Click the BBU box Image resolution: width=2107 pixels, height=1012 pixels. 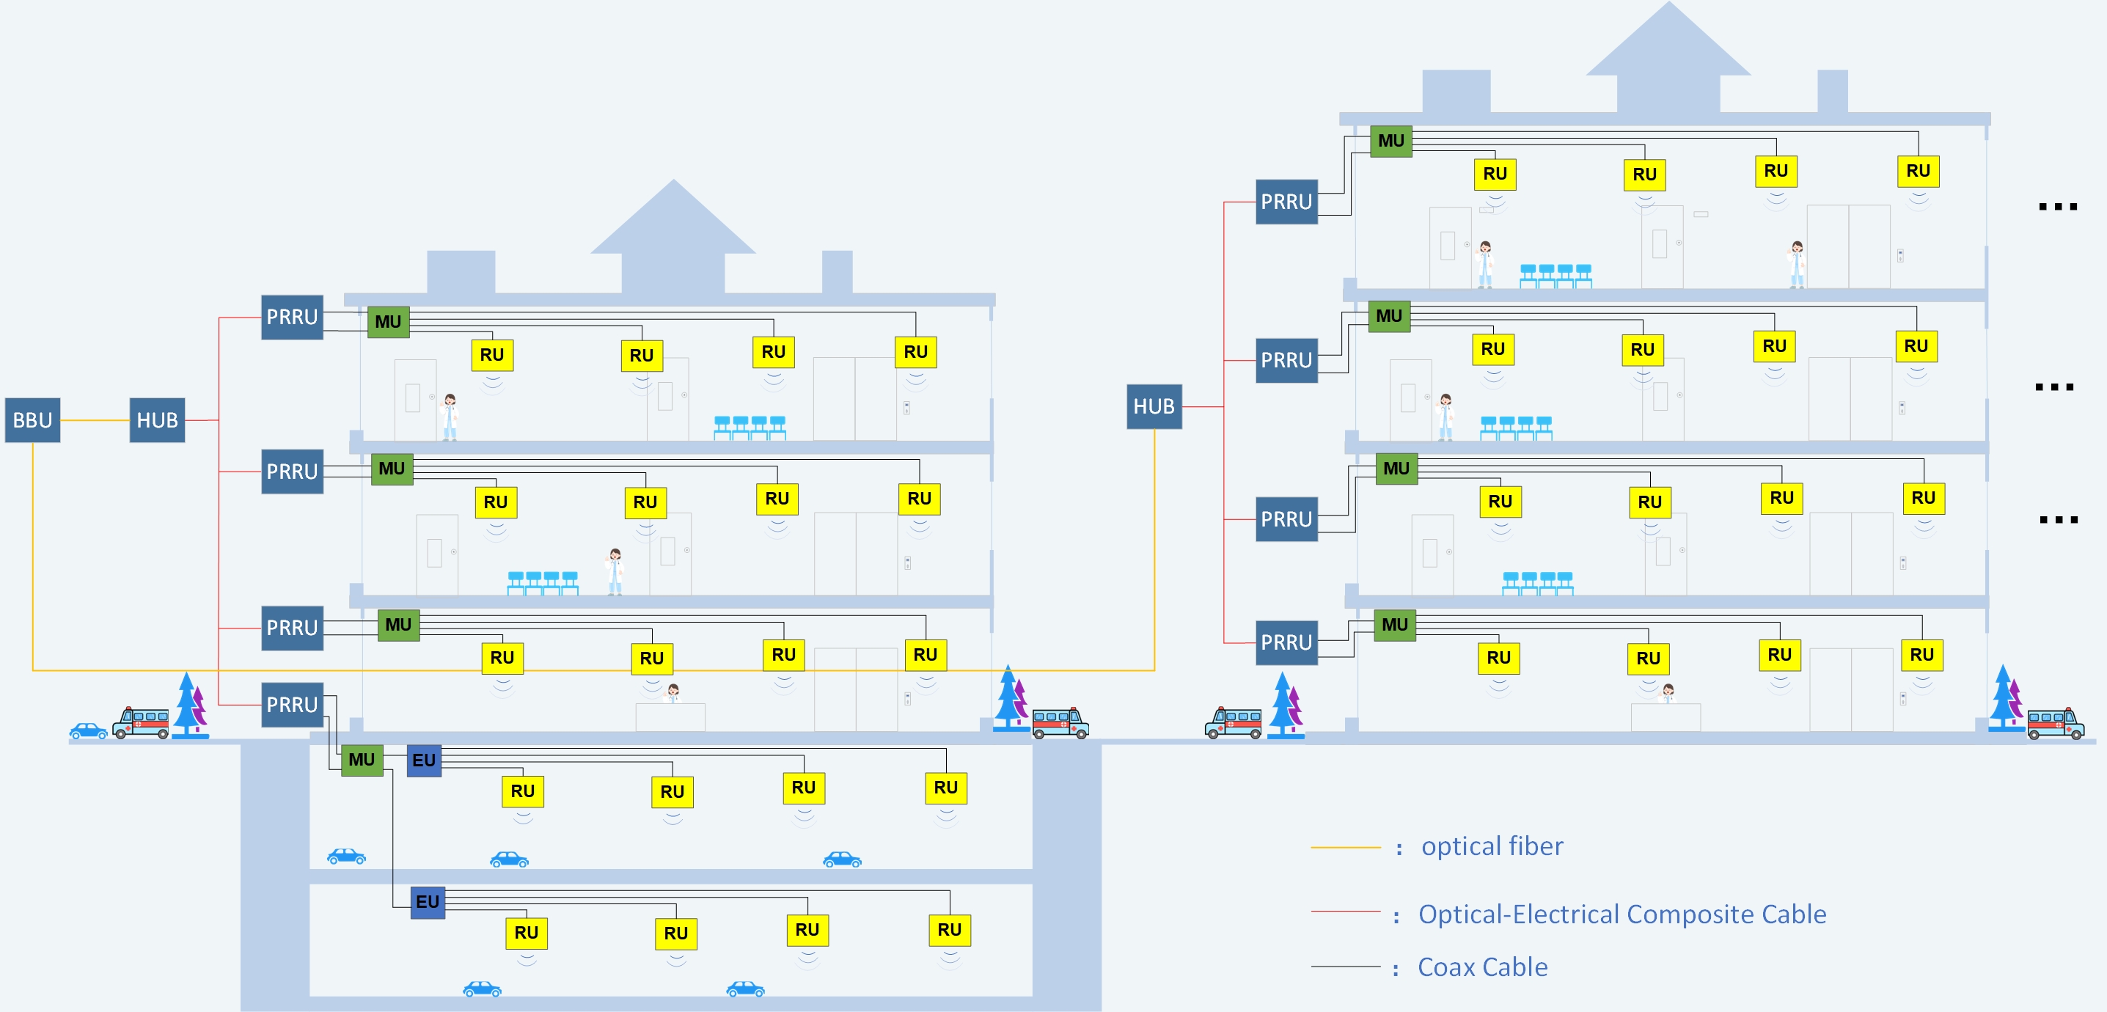(33, 419)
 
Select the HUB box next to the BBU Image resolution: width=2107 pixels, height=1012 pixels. (157, 419)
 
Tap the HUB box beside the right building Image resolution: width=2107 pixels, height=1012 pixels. (1154, 406)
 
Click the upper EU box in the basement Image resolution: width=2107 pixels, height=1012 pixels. (424, 760)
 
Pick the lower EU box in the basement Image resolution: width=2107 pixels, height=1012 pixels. (428, 901)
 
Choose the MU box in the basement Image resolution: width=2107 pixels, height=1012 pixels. (362, 759)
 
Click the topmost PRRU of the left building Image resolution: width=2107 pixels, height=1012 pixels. (292, 317)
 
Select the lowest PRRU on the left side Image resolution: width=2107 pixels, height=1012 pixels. (292, 705)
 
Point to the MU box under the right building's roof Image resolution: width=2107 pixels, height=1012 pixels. (1390, 140)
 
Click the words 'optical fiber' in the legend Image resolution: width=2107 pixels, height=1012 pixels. (1492, 846)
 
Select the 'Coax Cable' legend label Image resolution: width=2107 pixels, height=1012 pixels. (1482, 967)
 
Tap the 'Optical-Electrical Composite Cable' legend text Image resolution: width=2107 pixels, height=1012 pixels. (1622, 914)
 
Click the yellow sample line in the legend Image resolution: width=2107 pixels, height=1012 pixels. (1346, 848)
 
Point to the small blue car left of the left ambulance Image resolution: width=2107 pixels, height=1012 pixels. (88, 730)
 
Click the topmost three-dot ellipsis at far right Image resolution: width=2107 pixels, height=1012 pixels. (2058, 207)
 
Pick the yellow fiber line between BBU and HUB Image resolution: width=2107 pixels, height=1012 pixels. (95, 420)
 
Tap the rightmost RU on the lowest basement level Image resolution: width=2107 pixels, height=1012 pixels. (950, 929)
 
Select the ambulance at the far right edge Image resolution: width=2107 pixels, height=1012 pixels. (2056, 723)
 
